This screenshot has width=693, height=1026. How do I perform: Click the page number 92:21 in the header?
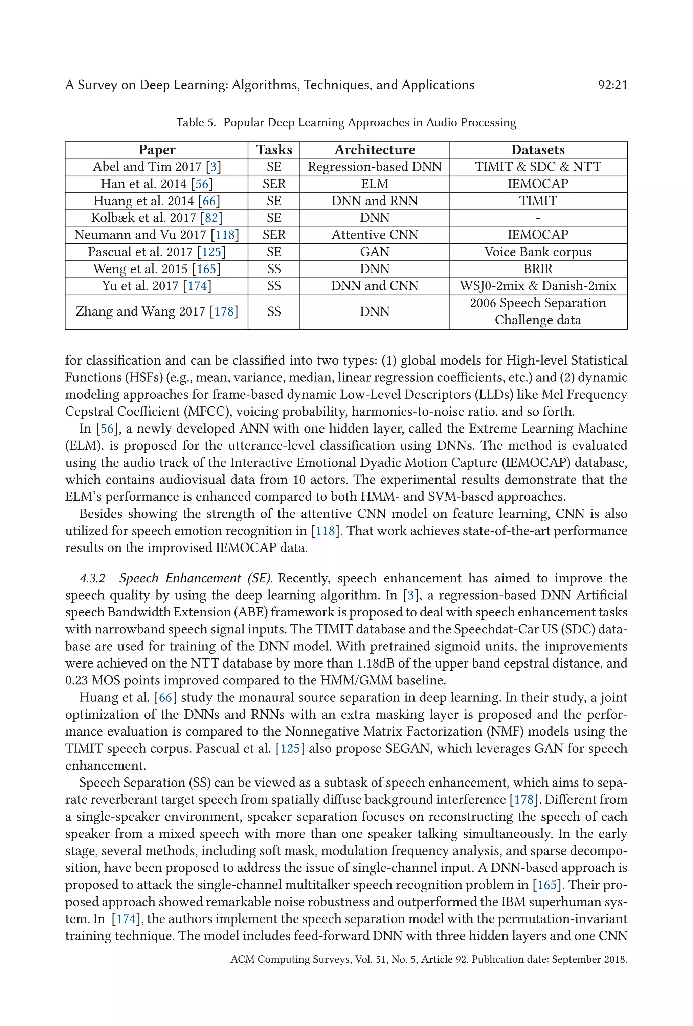tap(612, 85)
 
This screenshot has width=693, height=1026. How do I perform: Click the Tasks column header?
tap(274, 150)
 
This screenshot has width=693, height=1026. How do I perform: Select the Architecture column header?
tap(374, 150)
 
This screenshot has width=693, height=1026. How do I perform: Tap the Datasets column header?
tap(538, 150)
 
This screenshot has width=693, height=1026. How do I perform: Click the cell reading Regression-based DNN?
tap(374, 167)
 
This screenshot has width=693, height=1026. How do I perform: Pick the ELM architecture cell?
tap(374, 184)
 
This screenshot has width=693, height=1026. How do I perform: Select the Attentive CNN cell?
tap(374, 235)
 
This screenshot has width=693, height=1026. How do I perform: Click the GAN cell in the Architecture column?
tap(374, 252)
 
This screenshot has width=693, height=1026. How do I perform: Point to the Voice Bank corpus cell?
tap(538, 252)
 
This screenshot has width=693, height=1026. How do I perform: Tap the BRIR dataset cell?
tap(538, 269)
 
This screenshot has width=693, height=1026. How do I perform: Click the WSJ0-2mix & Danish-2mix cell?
tap(538, 286)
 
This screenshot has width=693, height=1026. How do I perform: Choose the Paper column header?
tap(156, 150)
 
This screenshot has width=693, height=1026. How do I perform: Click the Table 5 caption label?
tap(196, 123)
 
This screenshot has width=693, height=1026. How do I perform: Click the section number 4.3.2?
tap(92, 578)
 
